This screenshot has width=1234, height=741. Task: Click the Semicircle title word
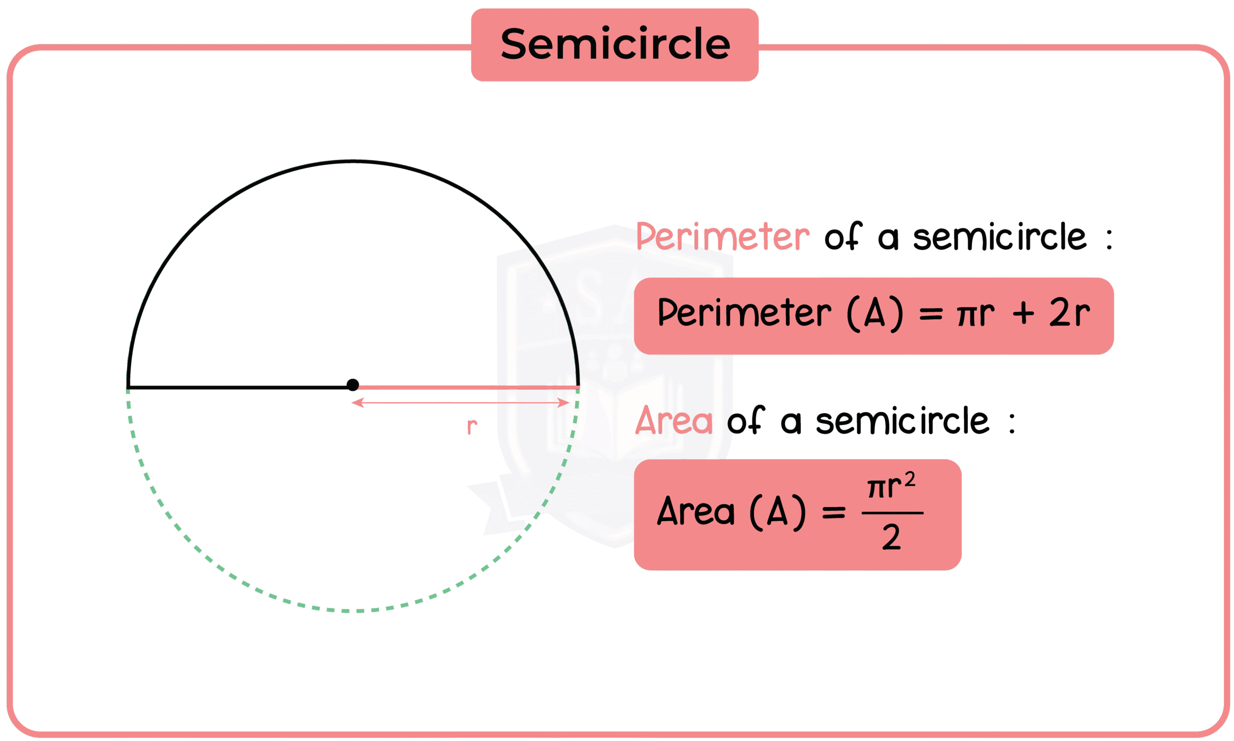615,44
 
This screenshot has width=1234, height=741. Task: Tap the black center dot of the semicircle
352,385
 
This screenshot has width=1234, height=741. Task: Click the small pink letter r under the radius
472,426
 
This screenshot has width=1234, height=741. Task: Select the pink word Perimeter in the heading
723,237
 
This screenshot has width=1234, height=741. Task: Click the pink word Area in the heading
673,421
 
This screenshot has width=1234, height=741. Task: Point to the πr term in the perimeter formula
976,313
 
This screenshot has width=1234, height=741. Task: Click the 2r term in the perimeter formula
1069,313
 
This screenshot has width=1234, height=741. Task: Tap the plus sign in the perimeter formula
1023,313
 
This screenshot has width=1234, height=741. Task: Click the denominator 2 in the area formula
892,538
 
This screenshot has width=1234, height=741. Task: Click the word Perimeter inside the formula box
744,313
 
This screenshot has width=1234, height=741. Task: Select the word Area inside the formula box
696,512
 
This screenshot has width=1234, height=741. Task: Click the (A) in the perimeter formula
875,313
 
